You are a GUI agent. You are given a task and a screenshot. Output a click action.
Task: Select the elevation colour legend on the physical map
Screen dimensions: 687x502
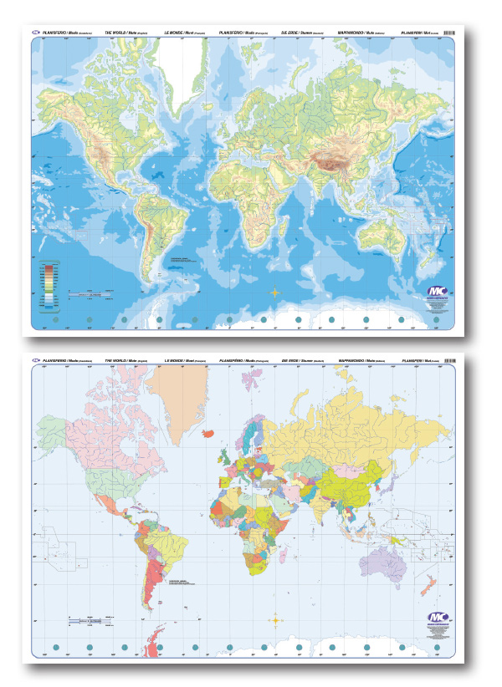pos(49,280)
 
